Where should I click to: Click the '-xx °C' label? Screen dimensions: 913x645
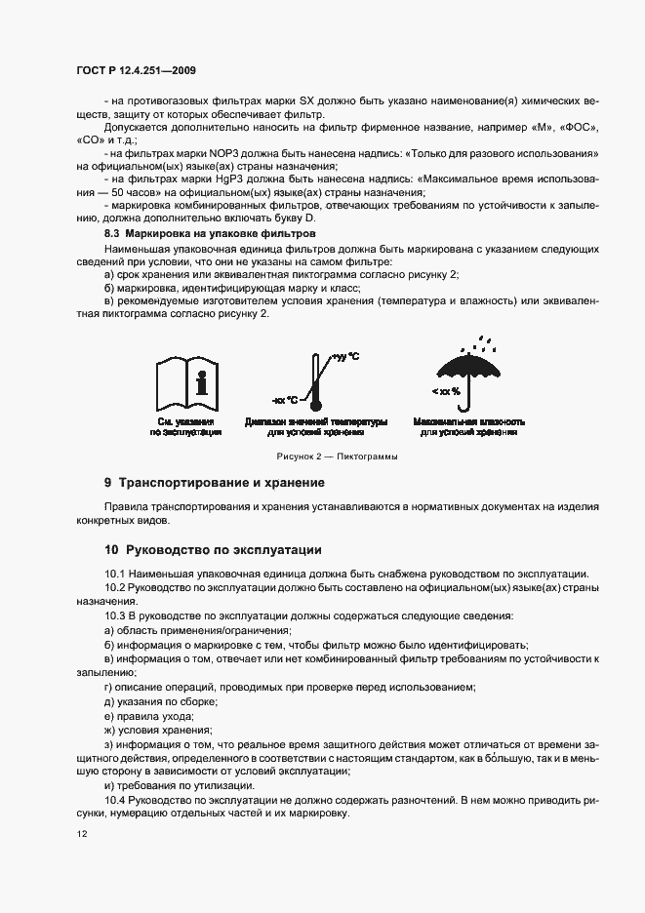[286, 401]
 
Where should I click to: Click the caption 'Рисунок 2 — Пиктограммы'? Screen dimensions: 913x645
[322, 456]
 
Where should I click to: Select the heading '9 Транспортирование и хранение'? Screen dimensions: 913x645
[215, 483]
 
